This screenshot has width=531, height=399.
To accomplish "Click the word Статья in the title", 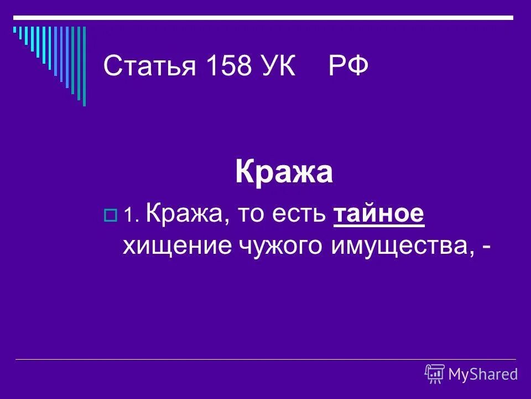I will click(149, 68).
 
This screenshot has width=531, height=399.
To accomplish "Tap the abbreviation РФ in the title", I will click(348, 68).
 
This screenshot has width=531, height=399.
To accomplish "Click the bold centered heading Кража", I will click(284, 172).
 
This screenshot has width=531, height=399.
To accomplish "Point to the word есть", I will click(304, 214).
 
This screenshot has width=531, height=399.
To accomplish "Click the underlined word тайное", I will click(379, 214).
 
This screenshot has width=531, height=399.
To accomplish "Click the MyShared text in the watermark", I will click(483, 375).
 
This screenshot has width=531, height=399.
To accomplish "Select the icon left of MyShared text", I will click(435, 374).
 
